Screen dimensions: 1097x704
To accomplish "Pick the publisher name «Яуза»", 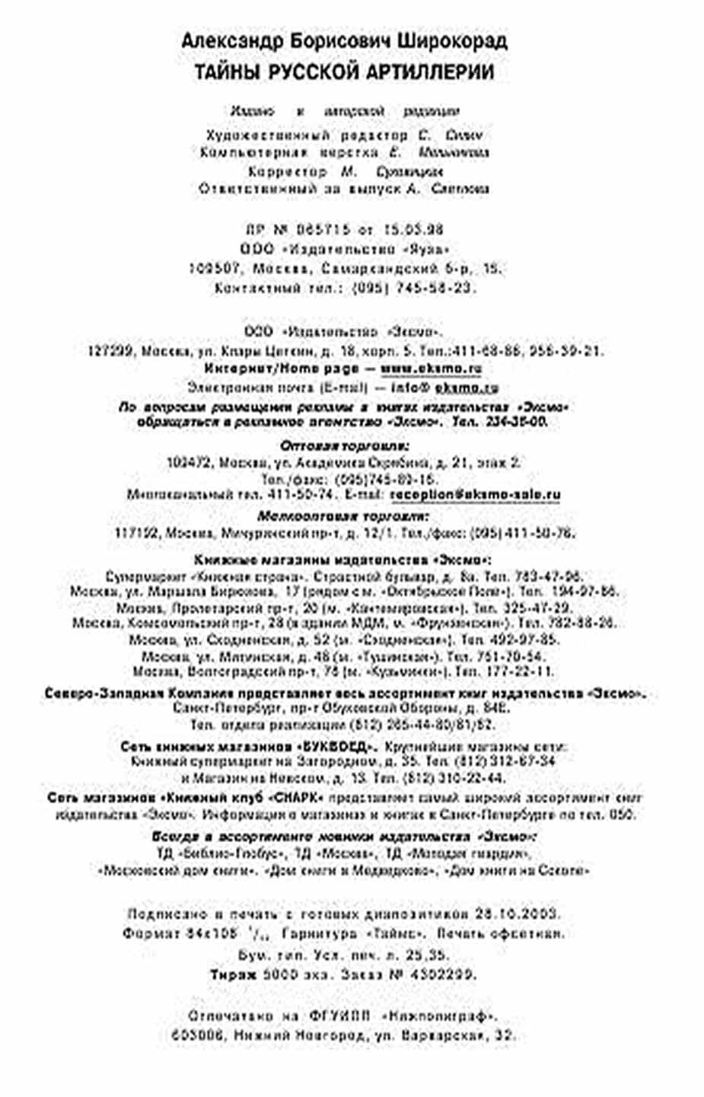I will [x=429, y=249].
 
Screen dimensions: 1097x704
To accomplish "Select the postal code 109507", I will [x=215, y=269].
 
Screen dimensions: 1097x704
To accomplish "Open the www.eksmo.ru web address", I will [x=431, y=368].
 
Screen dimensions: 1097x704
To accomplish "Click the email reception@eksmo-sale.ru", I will [x=475, y=494].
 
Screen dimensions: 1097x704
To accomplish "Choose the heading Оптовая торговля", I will [x=344, y=445].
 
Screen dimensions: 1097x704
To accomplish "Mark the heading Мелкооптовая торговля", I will [x=344, y=515].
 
